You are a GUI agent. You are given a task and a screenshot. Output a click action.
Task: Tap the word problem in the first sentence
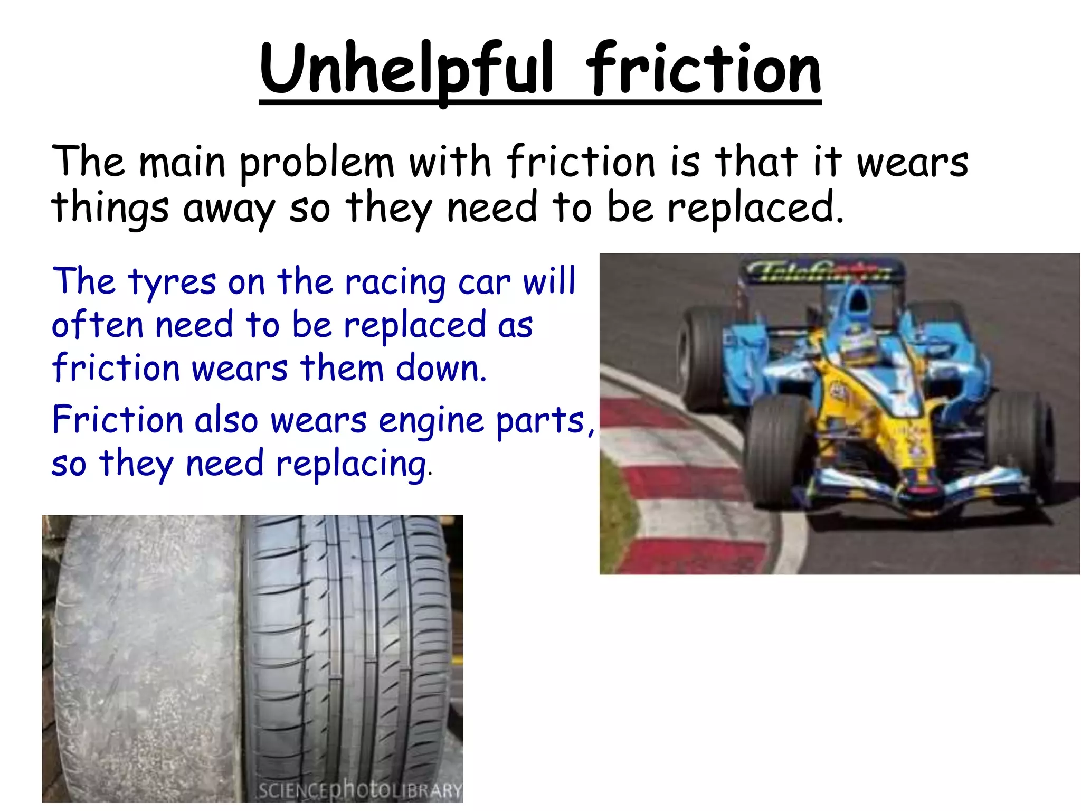(317, 163)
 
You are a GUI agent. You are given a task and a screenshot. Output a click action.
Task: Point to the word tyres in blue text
(172, 282)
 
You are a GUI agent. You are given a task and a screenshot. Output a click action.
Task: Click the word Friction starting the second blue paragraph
(117, 420)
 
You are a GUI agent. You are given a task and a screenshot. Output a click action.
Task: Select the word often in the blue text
(97, 325)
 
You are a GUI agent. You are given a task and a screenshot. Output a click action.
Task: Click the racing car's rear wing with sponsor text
(821, 271)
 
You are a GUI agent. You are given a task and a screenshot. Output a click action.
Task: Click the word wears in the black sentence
(912, 163)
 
